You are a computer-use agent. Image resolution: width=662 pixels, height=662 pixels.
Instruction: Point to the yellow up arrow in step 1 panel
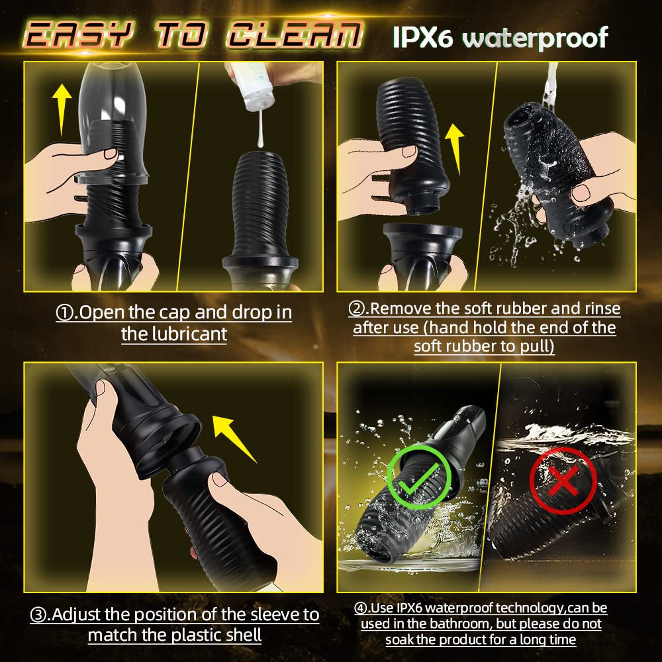pyautogui.click(x=63, y=109)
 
